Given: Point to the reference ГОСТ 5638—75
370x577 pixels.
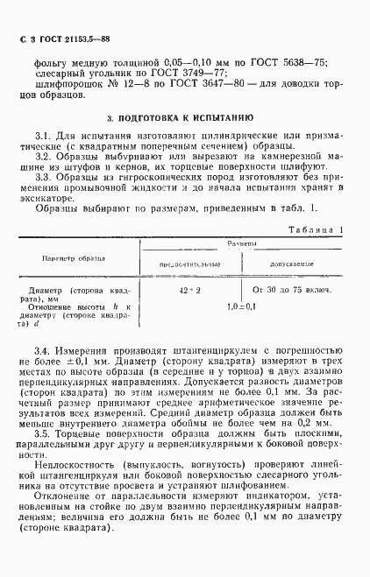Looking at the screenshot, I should pos(295,62).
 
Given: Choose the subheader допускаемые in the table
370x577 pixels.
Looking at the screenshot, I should pos(291,263).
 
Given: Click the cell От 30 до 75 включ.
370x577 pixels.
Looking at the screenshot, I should pos(291,288).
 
